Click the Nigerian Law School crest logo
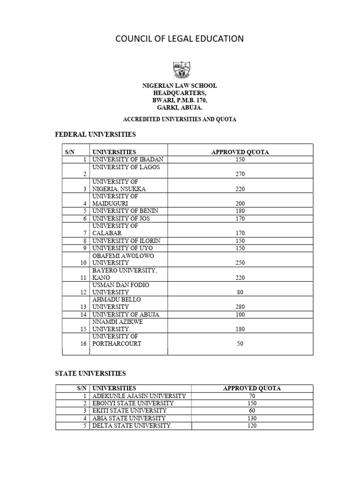coord(180,69)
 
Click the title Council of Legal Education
coord(180,38)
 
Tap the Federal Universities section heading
coord(96,135)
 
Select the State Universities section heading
coord(90,374)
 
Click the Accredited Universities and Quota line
coord(180,119)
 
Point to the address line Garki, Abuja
coord(180,108)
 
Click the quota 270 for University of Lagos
coord(240,174)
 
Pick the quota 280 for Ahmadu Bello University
coord(240,307)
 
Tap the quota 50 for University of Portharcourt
coord(240,344)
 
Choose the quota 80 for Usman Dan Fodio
coord(240,292)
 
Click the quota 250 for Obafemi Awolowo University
coord(240,262)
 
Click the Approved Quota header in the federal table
coord(240,152)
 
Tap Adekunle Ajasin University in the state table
coord(139,396)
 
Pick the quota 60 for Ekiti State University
coord(252,411)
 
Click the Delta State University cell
coord(131,426)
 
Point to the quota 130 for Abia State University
coord(252,418)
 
